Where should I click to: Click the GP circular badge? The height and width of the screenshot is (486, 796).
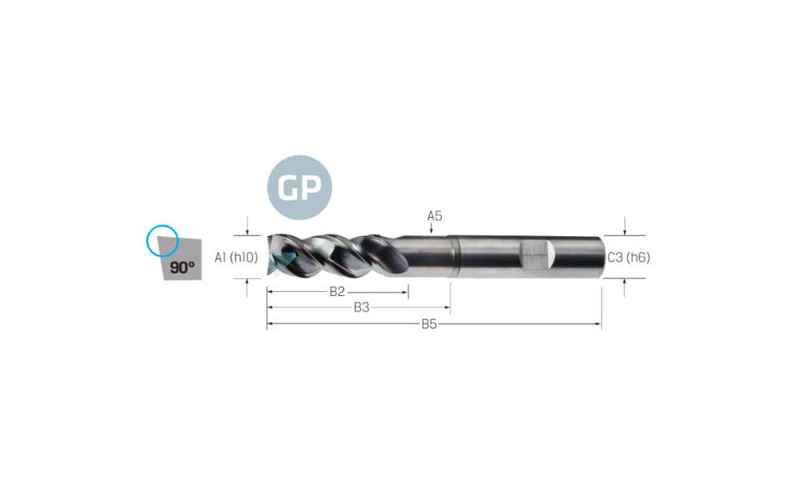(299, 187)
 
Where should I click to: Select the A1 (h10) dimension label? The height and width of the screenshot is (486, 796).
(236, 257)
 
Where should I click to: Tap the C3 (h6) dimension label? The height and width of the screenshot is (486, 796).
(629, 257)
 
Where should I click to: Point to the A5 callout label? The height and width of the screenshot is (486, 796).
(435, 216)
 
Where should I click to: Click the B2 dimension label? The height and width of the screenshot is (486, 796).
(337, 291)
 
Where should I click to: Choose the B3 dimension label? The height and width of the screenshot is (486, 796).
(361, 307)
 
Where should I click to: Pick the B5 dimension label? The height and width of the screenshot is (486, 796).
(429, 324)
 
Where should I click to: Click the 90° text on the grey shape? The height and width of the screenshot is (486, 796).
(182, 267)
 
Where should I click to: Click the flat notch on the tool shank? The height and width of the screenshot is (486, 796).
(537, 255)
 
